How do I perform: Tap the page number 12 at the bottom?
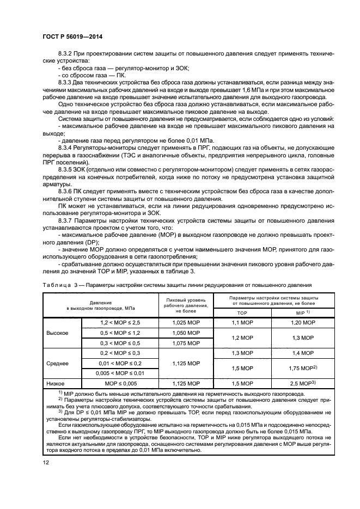[x=45, y=464]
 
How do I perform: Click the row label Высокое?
[x=58, y=333]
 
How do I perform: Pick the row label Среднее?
[x=58, y=363]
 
